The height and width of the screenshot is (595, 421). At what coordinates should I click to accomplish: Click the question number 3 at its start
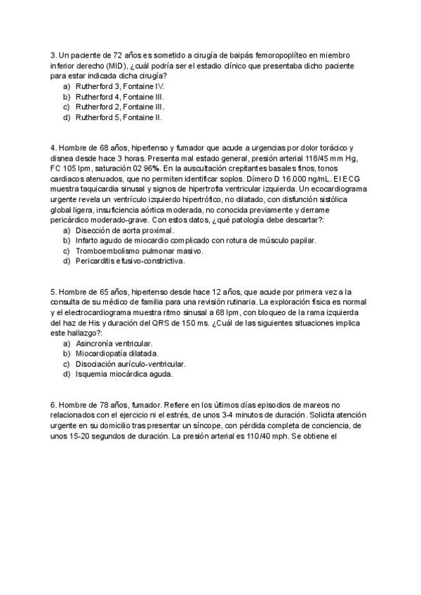point(53,55)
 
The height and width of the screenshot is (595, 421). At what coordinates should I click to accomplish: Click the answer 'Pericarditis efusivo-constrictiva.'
point(131,262)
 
